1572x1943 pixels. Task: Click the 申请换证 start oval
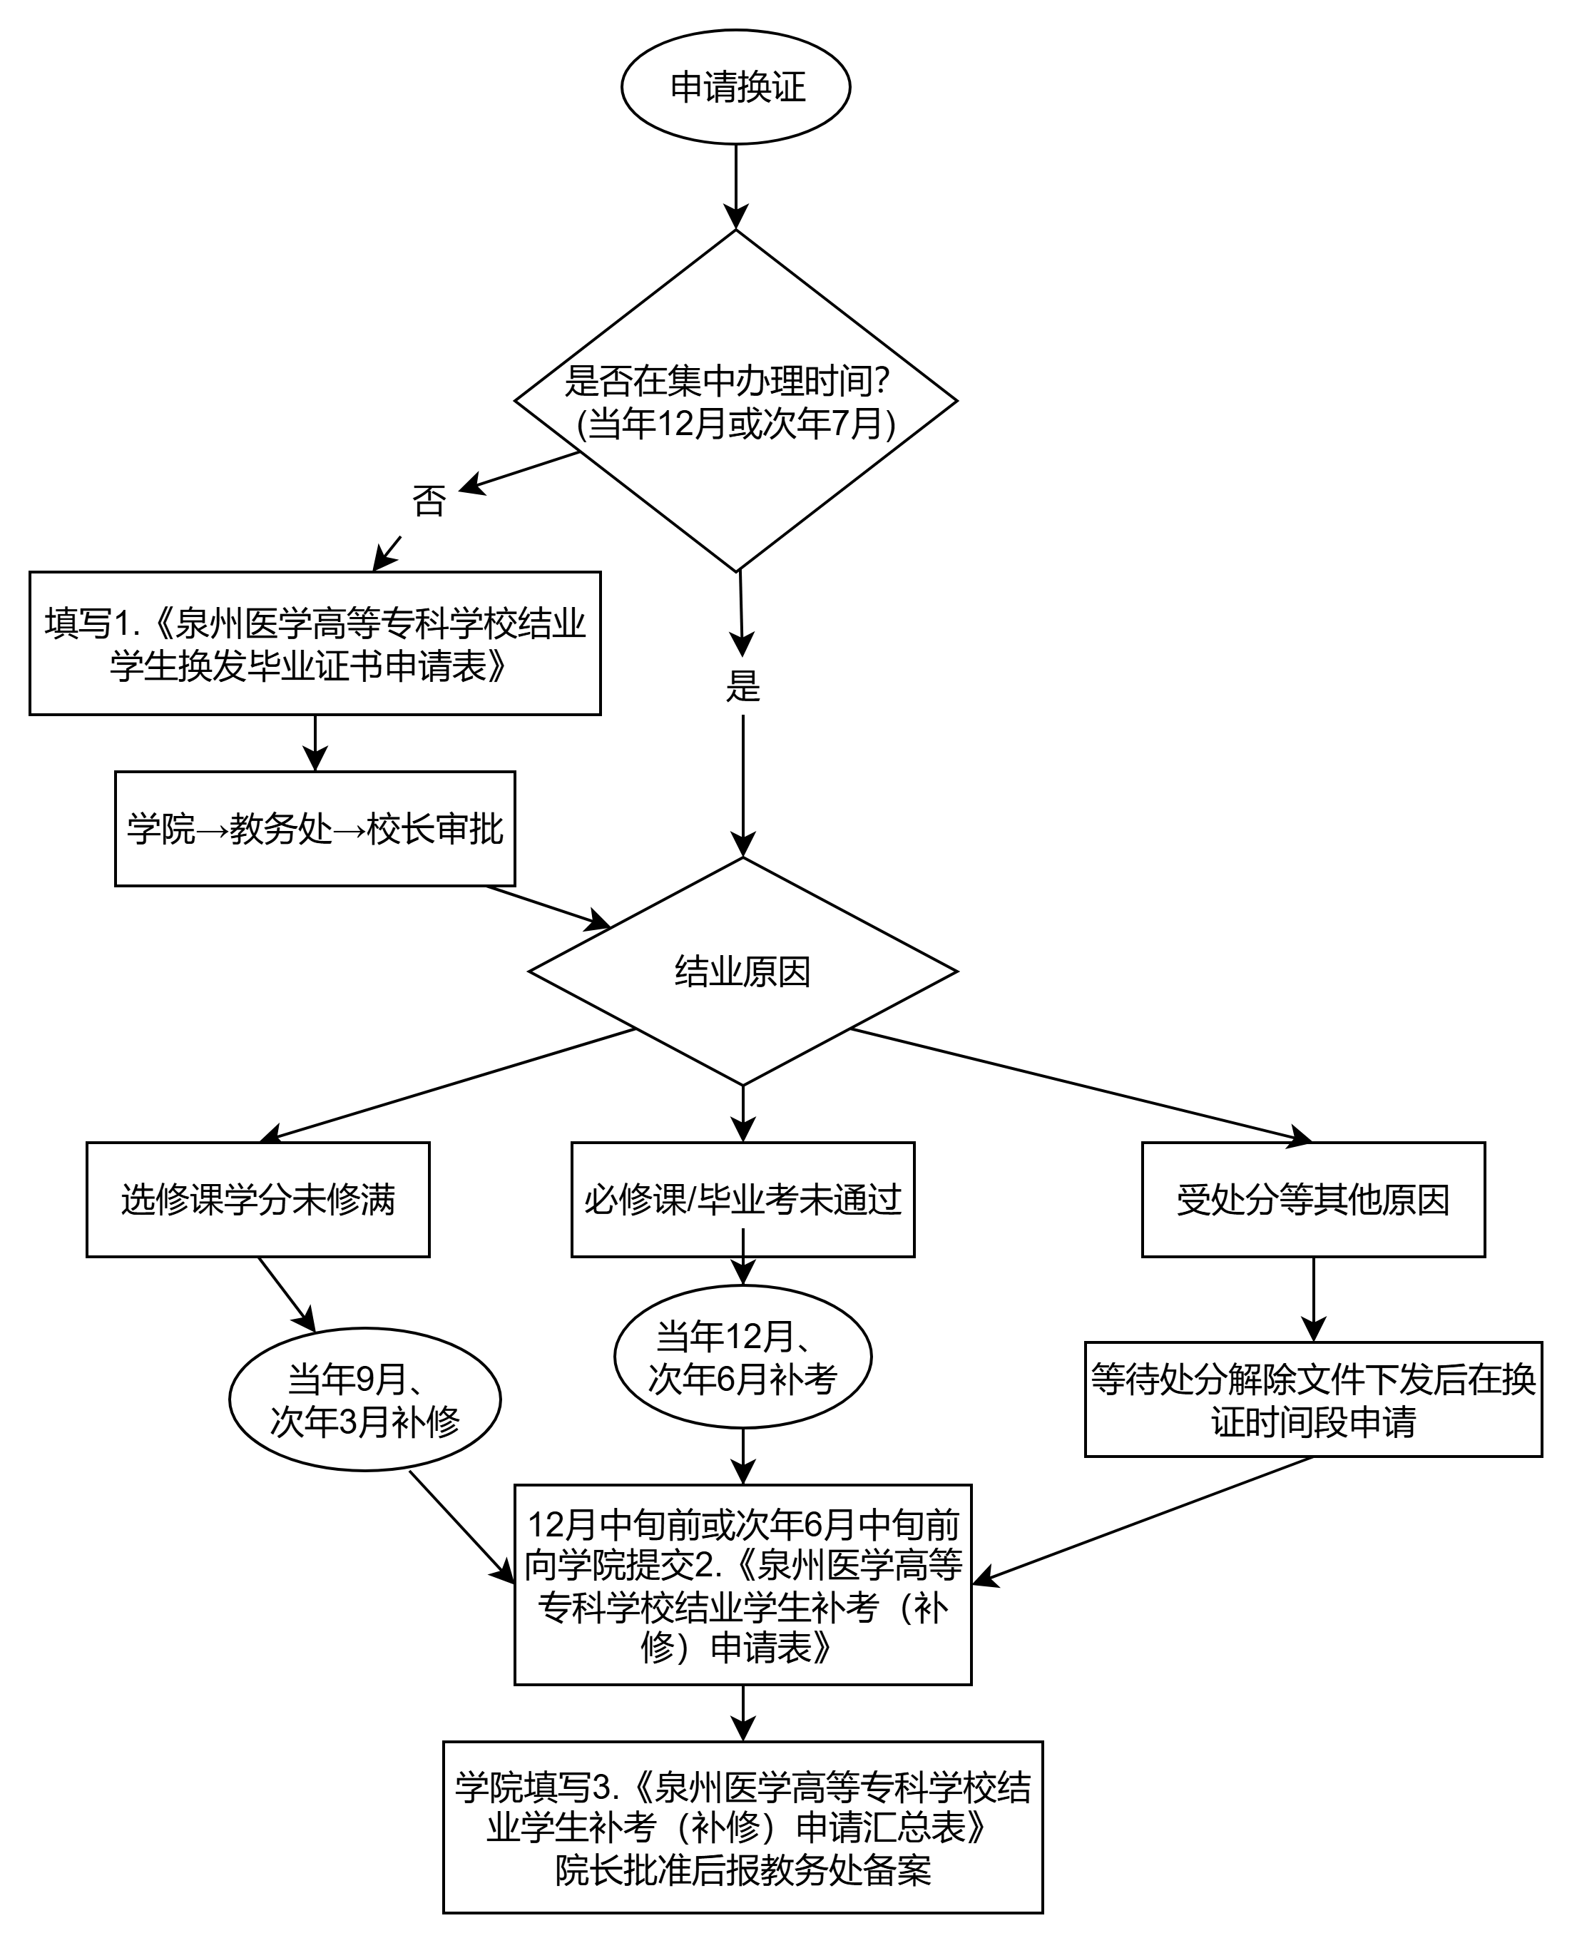coord(735,87)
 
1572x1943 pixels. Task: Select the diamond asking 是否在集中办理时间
coord(735,400)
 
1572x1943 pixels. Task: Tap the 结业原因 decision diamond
coord(742,972)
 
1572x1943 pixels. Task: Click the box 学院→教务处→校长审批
coord(315,828)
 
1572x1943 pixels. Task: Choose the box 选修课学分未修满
coord(257,1200)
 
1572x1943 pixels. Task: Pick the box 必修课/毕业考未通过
coord(742,1200)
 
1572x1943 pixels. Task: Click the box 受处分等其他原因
coord(1313,1200)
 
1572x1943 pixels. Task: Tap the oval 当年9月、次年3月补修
coord(365,1399)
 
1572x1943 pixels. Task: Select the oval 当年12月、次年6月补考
coord(742,1357)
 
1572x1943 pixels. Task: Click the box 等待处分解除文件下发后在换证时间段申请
coord(1313,1399)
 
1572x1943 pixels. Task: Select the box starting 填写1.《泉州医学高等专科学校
coord(315,643)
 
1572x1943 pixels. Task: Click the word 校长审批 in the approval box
coord(434,828)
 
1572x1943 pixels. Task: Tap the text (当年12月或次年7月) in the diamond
coord(735,423)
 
